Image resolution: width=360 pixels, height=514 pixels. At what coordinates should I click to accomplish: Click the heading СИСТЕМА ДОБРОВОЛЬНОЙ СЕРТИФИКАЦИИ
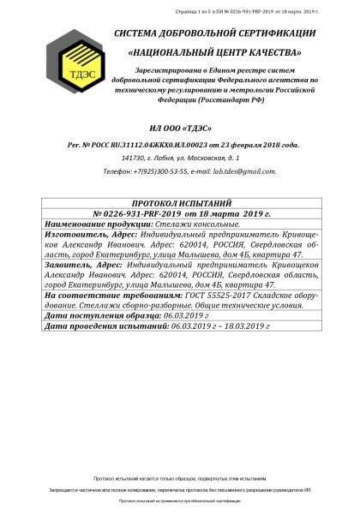(x=214, y=33)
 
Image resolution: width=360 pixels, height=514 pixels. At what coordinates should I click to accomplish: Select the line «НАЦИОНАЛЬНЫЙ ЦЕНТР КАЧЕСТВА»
(x=214, y=53)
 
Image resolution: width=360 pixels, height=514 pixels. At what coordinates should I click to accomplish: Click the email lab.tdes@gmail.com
(x=244, y=171)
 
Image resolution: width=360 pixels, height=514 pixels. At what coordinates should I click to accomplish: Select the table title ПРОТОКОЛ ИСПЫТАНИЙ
(x=181, y=204)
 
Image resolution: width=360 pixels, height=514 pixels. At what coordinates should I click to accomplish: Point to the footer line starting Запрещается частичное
(x=180, y=488)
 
